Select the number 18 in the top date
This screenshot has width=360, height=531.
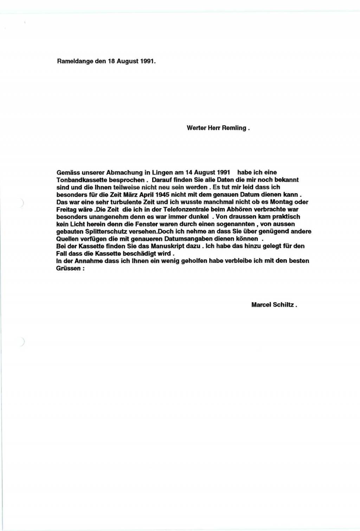click(x=111, y=61)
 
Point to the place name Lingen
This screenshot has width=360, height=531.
click(x=163, y=172)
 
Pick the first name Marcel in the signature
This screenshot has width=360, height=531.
click(x=261, y=305)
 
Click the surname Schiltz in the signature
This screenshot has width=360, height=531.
click(x=283, y=305)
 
